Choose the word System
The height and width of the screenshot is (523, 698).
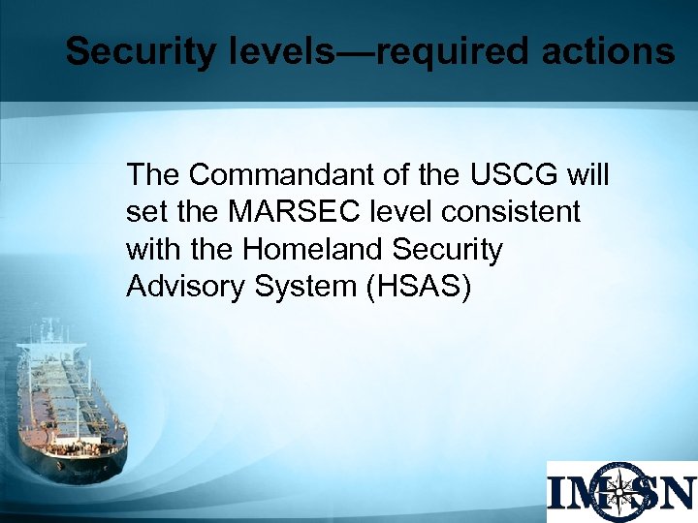[301, 286]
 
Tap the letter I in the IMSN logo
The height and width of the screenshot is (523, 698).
[559, 492]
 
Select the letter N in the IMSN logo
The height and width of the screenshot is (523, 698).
[676, 492]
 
